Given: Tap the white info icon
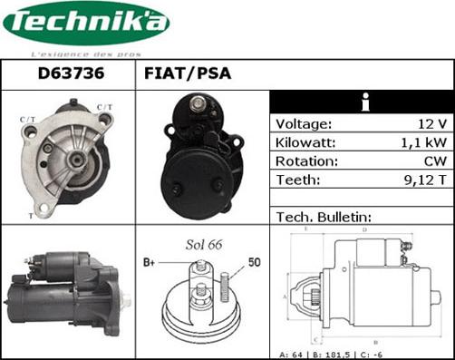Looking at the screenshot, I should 363,102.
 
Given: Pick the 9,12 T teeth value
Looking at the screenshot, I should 426,180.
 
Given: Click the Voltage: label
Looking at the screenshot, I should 304,123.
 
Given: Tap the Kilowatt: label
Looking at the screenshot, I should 306,142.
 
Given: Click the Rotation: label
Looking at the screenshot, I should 306,161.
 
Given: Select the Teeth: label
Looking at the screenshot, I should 295,180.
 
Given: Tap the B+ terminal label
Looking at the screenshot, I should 150,263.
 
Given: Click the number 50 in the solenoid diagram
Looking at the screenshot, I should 255,263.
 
